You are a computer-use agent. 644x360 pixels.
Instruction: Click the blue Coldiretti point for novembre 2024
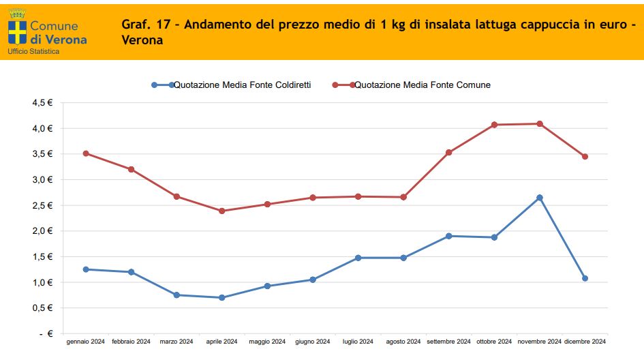pos(540,198)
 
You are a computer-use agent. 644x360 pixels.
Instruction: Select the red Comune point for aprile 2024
pos(222,211)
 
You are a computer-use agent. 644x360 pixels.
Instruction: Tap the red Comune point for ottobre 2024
pos(494,125)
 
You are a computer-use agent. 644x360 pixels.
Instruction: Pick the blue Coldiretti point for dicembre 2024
pos(585,278)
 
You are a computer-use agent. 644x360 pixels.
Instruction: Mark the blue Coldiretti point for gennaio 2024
pos(86,269)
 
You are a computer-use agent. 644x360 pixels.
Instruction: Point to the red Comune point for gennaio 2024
pos(86,153)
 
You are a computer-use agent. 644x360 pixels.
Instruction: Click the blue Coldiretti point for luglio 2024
pos(358,258)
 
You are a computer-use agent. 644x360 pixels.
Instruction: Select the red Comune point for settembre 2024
pos(449,153)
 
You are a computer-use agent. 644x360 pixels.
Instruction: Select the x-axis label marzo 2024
pos(177,342)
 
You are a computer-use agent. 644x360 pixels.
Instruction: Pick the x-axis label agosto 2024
pos(403,342)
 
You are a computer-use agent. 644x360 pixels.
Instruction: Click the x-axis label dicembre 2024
pos(585,342)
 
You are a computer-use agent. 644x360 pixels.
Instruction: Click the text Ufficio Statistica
pos(33,52)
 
